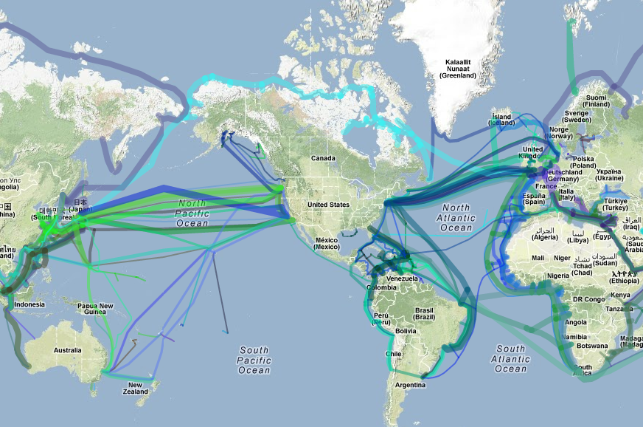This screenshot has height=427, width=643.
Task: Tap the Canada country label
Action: coord(323,158)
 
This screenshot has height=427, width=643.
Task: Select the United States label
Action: coord(328,205)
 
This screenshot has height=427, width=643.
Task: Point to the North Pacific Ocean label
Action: coord(192,213)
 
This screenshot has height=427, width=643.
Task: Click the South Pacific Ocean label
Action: coord(254,360)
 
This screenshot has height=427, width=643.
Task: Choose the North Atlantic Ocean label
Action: coord(456,218)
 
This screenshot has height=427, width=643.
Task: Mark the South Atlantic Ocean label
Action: coord(511,358)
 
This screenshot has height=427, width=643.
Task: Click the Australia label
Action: coord(67,349)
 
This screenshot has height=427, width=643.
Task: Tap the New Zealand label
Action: coord(135,389)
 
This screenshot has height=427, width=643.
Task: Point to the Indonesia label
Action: coord(29,304)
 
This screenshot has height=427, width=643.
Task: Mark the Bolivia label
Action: coord(406,331)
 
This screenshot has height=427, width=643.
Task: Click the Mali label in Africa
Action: coord(538,258)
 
